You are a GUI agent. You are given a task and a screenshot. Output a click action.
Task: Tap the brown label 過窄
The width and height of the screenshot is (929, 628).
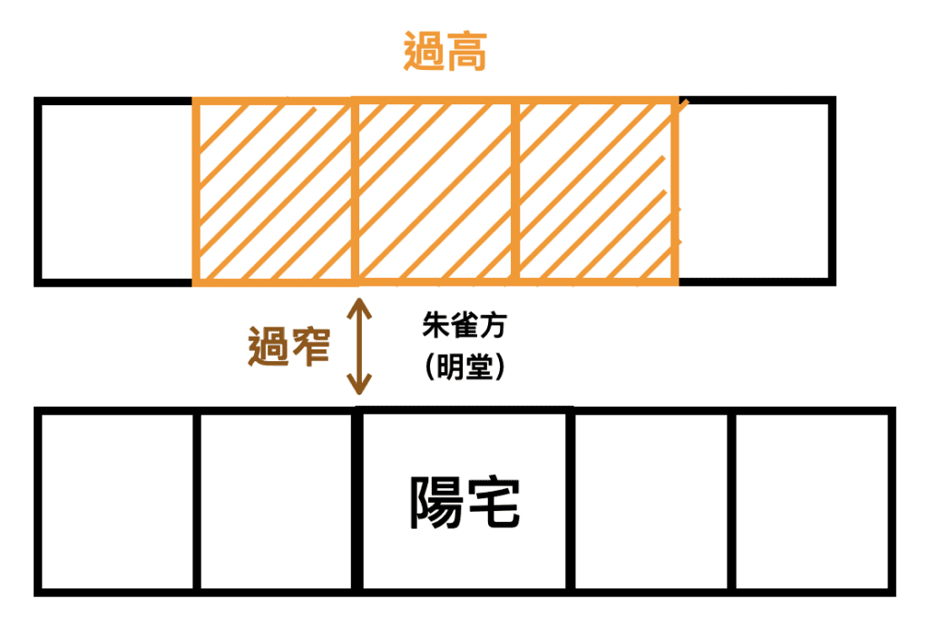point(288,345)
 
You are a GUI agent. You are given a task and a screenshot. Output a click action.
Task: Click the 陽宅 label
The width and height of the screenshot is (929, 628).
point(464,502)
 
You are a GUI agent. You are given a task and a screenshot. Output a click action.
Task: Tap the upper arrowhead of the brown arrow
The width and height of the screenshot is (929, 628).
point(361,301)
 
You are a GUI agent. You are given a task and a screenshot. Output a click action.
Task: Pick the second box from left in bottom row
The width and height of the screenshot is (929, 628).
point(276,502)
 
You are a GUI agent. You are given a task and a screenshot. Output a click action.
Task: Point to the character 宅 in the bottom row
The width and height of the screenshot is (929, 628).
point(494,502)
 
